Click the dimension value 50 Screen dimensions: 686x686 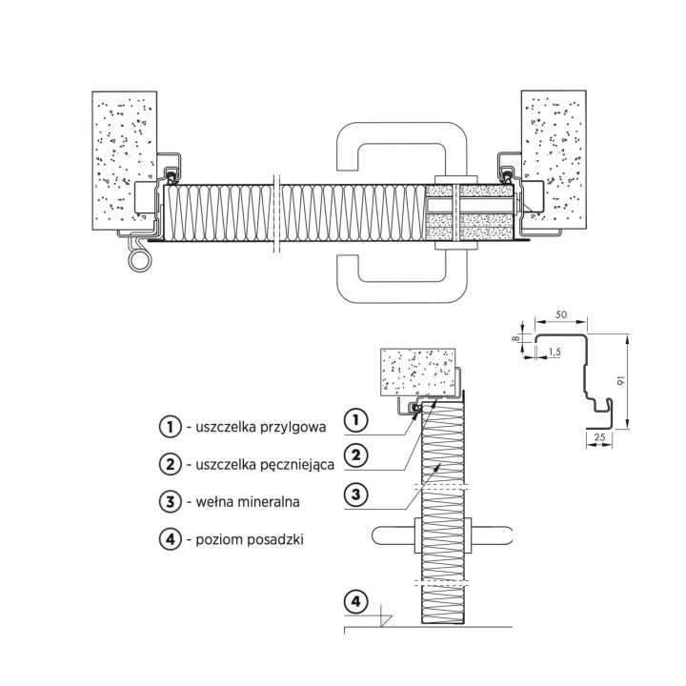click(561, 314)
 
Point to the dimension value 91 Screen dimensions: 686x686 click(620, 381)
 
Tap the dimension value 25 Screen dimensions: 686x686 click(600, 436)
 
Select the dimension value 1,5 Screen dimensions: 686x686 click(555, 352)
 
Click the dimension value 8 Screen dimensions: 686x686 click(516, 337)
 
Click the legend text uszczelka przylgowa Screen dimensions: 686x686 click(261, 427)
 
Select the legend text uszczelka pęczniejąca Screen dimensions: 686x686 click(265, 464)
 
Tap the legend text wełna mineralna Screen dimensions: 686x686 click(248, 501)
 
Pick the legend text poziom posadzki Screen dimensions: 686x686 click(250, 539)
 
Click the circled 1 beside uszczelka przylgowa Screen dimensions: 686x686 click(171, 427)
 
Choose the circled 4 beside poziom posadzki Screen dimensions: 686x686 click(171, 538)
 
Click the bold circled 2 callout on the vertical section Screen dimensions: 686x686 click(356, 455)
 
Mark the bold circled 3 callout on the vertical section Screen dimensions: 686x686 click(356, 494)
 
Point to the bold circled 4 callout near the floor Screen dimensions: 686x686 click(356, 601)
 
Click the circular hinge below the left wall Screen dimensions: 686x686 click(140, 261)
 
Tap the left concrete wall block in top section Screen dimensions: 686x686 click(124, 160)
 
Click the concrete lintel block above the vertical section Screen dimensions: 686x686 click(418, 372)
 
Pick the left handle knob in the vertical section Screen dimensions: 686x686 click(393, 535)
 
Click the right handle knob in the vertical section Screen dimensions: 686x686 click(492, 535)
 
